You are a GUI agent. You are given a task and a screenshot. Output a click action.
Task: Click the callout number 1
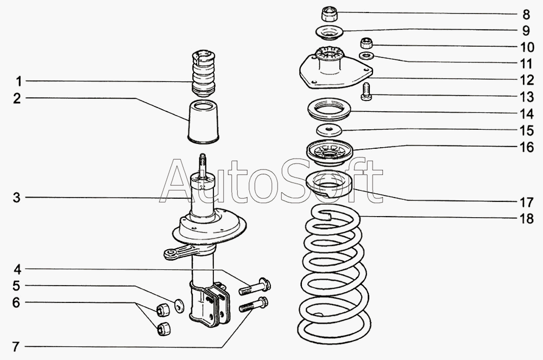(x=18, y=81)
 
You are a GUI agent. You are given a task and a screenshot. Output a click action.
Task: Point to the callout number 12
(x=525, y=80)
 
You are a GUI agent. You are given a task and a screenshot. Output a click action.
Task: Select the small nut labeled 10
(x=367, y=43)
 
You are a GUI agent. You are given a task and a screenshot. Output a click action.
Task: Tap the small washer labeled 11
(x=367, y=56)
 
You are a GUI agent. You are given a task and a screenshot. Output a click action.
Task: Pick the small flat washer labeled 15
(x=328, y=130)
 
